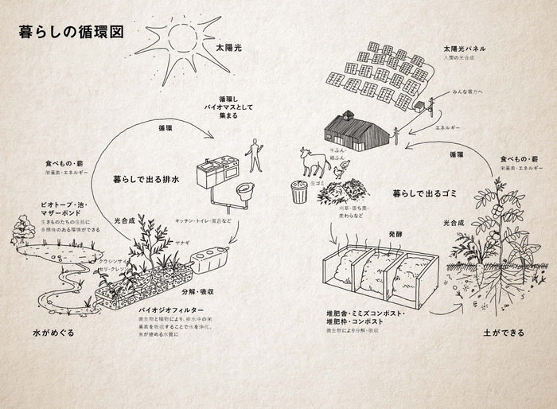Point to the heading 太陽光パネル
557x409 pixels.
(x=465, y=49)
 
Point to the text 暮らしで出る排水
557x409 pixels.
(x=145, y=180)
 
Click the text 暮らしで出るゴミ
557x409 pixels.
(x=422, y=193)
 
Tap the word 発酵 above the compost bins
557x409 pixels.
(x=398, y=236)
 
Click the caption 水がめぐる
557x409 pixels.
(x=54, y=332)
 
